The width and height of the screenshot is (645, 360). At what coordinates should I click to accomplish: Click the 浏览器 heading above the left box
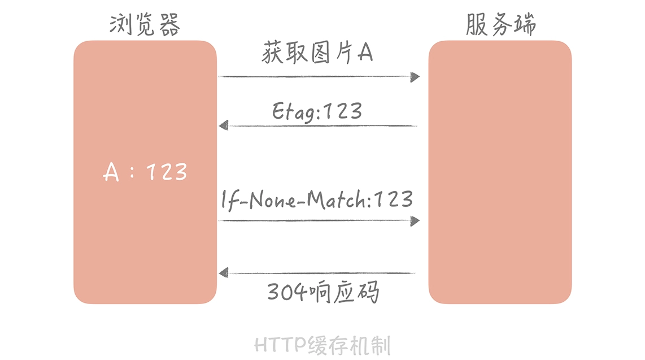pos(145,24)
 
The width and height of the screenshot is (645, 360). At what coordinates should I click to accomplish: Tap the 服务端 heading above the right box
pos(500,24)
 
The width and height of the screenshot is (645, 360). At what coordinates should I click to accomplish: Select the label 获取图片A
pos(317,53)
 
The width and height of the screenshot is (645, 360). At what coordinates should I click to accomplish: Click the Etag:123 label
pos(317,111)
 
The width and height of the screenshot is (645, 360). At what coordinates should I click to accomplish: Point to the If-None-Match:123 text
pos(317,200)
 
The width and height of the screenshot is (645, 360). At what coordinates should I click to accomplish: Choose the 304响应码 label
pos(323,292)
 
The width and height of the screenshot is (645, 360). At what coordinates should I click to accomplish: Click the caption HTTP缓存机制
pos(322,345)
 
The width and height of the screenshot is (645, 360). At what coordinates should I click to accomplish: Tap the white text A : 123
pos(145,172)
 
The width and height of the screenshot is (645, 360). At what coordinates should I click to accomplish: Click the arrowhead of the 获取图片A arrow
pos(415,77)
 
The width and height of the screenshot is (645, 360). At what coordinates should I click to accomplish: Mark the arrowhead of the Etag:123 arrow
pos(223,125)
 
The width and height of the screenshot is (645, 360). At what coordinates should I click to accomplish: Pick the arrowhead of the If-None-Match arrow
pos(415,221)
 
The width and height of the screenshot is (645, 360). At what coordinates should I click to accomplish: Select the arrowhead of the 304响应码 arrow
pos(223,272)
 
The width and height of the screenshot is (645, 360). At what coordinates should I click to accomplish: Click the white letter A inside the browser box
pos(111,172)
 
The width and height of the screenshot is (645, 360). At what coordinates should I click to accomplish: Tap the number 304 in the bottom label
pos(287,292)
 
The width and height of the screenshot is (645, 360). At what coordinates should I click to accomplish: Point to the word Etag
pos(293,111)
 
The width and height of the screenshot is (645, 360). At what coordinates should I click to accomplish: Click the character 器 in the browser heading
pos(169,25)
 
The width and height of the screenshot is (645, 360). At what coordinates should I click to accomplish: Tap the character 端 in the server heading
pos(525,24)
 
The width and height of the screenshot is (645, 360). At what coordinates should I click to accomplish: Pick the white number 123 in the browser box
pos(167,172)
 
